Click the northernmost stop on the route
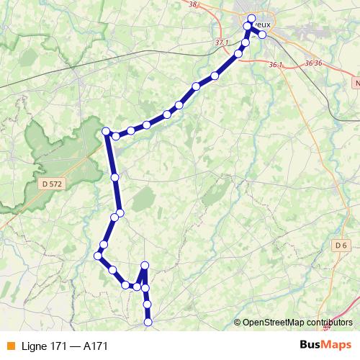click(251, 19)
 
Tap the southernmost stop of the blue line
click(148, 323)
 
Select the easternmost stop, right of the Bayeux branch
click(263, 34)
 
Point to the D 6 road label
click(341, 246)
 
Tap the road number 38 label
click(192, 5)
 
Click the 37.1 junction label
click(221, 43)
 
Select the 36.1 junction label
click(274, 65)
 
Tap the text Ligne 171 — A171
click(65, 346)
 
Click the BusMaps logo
click(325, 346)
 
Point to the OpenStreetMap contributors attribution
click(297, 323)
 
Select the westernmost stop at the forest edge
click(107, 131)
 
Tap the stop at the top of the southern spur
click(145, 265)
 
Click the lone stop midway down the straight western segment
click(115, 176)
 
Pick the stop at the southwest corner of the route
click(99, 256)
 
